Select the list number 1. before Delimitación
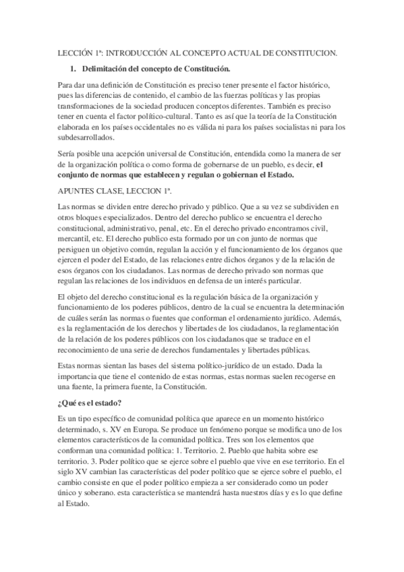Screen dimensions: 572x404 click(74, 69)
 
